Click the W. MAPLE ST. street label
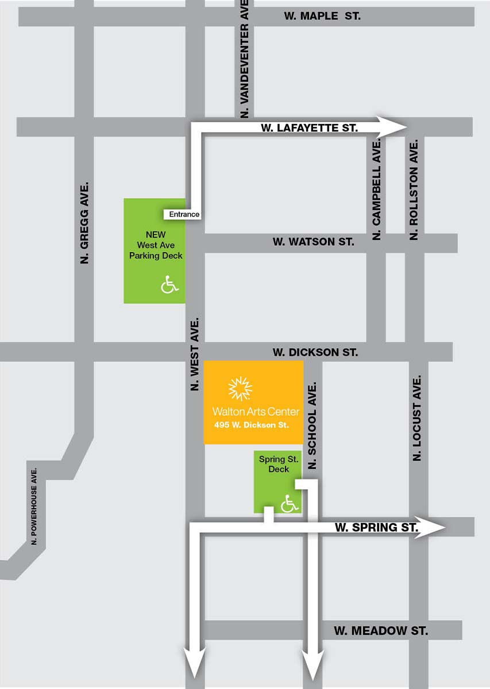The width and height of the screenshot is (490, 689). coord(322,16)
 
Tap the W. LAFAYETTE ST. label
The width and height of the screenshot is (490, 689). coord(309,127)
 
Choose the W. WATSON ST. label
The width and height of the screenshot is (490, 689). coord(313,242)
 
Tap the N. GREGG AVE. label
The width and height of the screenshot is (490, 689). coord(85,224)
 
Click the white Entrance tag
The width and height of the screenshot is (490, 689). coord(184,214)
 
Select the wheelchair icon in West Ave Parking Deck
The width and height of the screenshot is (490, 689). coord(169,284)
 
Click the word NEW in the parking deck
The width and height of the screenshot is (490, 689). coord(156,235)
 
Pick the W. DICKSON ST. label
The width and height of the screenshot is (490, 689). coord(315,352)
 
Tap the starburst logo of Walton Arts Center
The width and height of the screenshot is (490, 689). coord(240,389)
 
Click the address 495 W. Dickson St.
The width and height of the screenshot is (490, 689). coord(250,425)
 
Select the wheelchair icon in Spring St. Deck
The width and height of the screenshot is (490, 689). coord(290,504)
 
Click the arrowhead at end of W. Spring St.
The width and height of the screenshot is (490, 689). coord(434,527)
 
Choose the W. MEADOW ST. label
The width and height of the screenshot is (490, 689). coord(381,630)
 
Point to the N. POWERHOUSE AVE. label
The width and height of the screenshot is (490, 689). coord(34,505)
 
